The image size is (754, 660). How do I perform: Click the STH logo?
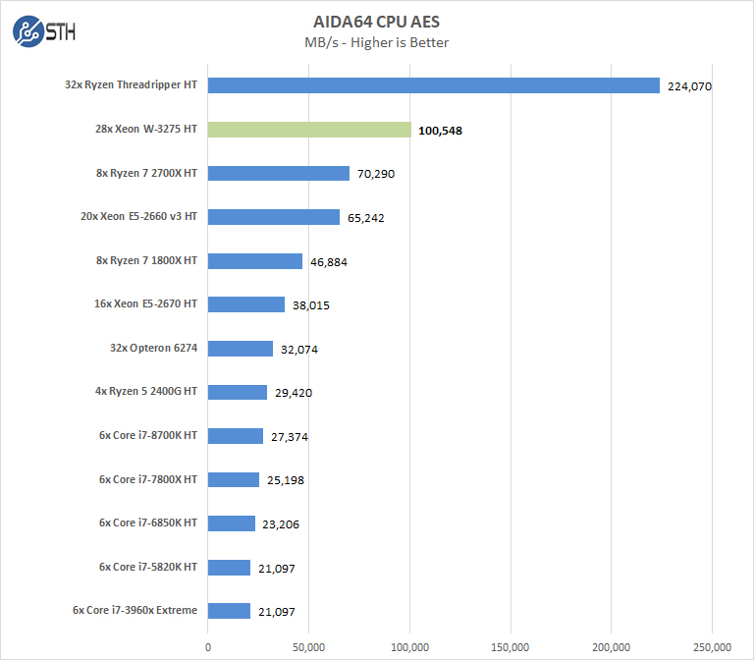pyautogui.click(x=44, y=32)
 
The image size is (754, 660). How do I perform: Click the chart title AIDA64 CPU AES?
pyautogui.click(x=377, y=21)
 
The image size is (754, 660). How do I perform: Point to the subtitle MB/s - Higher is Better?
pyautogui.click(x=377, y=42)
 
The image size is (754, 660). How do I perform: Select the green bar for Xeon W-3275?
pyautogui.click(x=309, y=130)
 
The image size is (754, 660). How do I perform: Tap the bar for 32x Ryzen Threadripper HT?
pyautogui.click(x=433, y=85)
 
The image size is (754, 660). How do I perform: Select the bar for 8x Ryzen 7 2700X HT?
pyautogui.click(x=279, y=174)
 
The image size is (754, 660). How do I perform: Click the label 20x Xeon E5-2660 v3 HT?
pyautogui.click(x=140, y=216)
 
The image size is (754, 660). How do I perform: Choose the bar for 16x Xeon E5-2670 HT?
pyautogui.click(x=246, y=304)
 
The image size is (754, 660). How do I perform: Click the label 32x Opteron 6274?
pyautogui.click(x=155, y=348)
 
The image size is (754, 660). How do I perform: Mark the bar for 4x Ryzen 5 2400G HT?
pyautogui.click(x=238, y=392)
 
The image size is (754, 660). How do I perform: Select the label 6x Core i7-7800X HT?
pyautogui.click(x=147, y=479)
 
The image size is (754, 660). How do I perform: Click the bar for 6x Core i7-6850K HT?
pyautogui.click(x=232, y=523)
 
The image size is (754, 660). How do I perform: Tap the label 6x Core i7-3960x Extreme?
pyautogui.click(x=135, y=610)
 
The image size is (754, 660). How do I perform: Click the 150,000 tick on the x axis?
pyautogui.click(x=511, y=646)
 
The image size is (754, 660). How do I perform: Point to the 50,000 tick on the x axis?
pyautogui.click(x=308, y=646)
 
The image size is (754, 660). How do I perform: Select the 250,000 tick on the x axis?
pyautogui.click(x=712, y=646)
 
